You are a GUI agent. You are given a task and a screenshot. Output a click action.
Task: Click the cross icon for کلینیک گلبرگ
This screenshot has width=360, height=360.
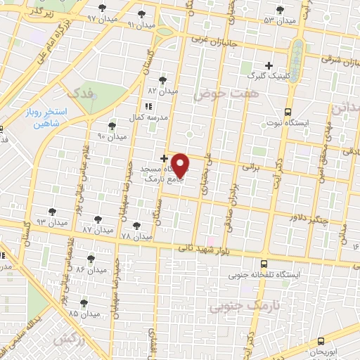tap(269, 65)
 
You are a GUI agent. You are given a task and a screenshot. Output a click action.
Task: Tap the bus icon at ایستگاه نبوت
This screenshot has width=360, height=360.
tap(288, 111)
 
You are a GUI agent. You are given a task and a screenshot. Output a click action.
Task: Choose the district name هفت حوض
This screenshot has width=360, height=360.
tap(220, 93)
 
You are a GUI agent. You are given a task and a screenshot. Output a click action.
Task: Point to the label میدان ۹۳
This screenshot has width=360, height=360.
tap(52, 221)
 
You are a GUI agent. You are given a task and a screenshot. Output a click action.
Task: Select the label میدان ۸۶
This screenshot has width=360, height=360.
tap(91, 269)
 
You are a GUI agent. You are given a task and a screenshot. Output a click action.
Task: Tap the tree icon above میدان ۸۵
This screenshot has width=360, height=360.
tap(84, 302)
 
